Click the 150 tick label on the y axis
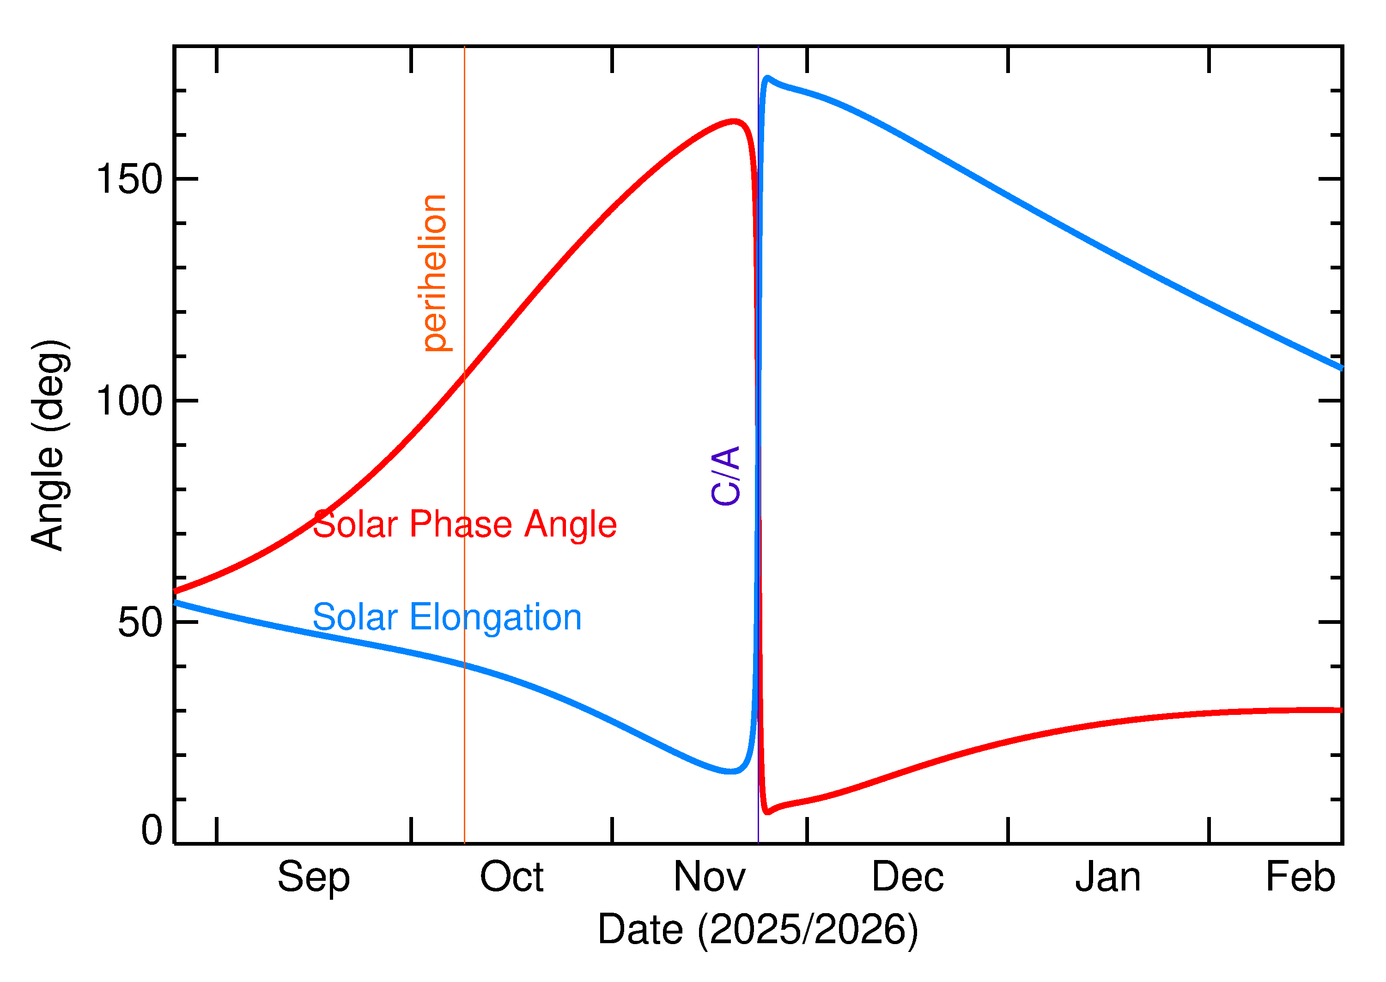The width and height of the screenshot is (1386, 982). [x=129, y=180]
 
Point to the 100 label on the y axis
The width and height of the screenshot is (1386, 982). [x=129, y=401]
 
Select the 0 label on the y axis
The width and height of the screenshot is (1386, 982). [x=152, y=830]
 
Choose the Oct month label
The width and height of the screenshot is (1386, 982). [x=511, y=877]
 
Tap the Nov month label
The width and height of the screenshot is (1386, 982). [x=710, y=877]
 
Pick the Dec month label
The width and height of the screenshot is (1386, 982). [x=907, y=877]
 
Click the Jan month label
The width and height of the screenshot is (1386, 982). [x=1107, y=877]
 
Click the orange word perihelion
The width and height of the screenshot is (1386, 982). [x=434, y=273]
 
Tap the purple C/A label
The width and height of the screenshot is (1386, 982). [x=726, y=476]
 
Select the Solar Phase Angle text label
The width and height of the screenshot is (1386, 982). [x=464, y=524]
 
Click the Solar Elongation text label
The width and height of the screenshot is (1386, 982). [x=447, y=617]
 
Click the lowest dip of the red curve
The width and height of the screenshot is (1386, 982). [x=767, y=812]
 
